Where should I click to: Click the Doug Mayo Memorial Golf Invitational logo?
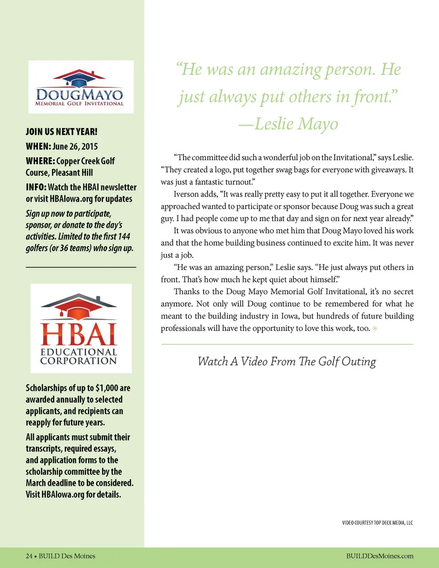click(x=80, y=87)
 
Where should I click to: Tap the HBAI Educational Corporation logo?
click(x=81, y=328)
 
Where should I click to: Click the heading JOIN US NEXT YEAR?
click(x=61, y=132)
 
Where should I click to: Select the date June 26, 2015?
click(x=75, y=147)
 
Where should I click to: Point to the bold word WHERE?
click(x=40, y=161)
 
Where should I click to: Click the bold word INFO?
click(x=36, y=187)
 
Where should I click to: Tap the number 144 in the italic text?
click(x=124, y=236)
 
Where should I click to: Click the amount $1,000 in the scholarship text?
click(x=107, y=388)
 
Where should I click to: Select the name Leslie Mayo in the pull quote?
click(x=296, y=124)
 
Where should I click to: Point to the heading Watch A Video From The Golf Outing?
click(x=287, y=361)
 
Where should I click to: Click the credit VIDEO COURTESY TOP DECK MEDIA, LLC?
click(x=377, y=523)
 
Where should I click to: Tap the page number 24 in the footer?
click(x=29, y=556)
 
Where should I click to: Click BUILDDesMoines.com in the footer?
click(x=380, y=556)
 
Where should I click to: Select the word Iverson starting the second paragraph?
click(x=186, y=194)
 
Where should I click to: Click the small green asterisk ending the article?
click(x=375, y=328)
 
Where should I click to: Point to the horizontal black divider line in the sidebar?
click(x=81, y=267)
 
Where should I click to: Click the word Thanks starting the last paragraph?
click(x=186, y=292)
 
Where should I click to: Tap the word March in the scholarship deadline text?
click(x=36, y=483)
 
